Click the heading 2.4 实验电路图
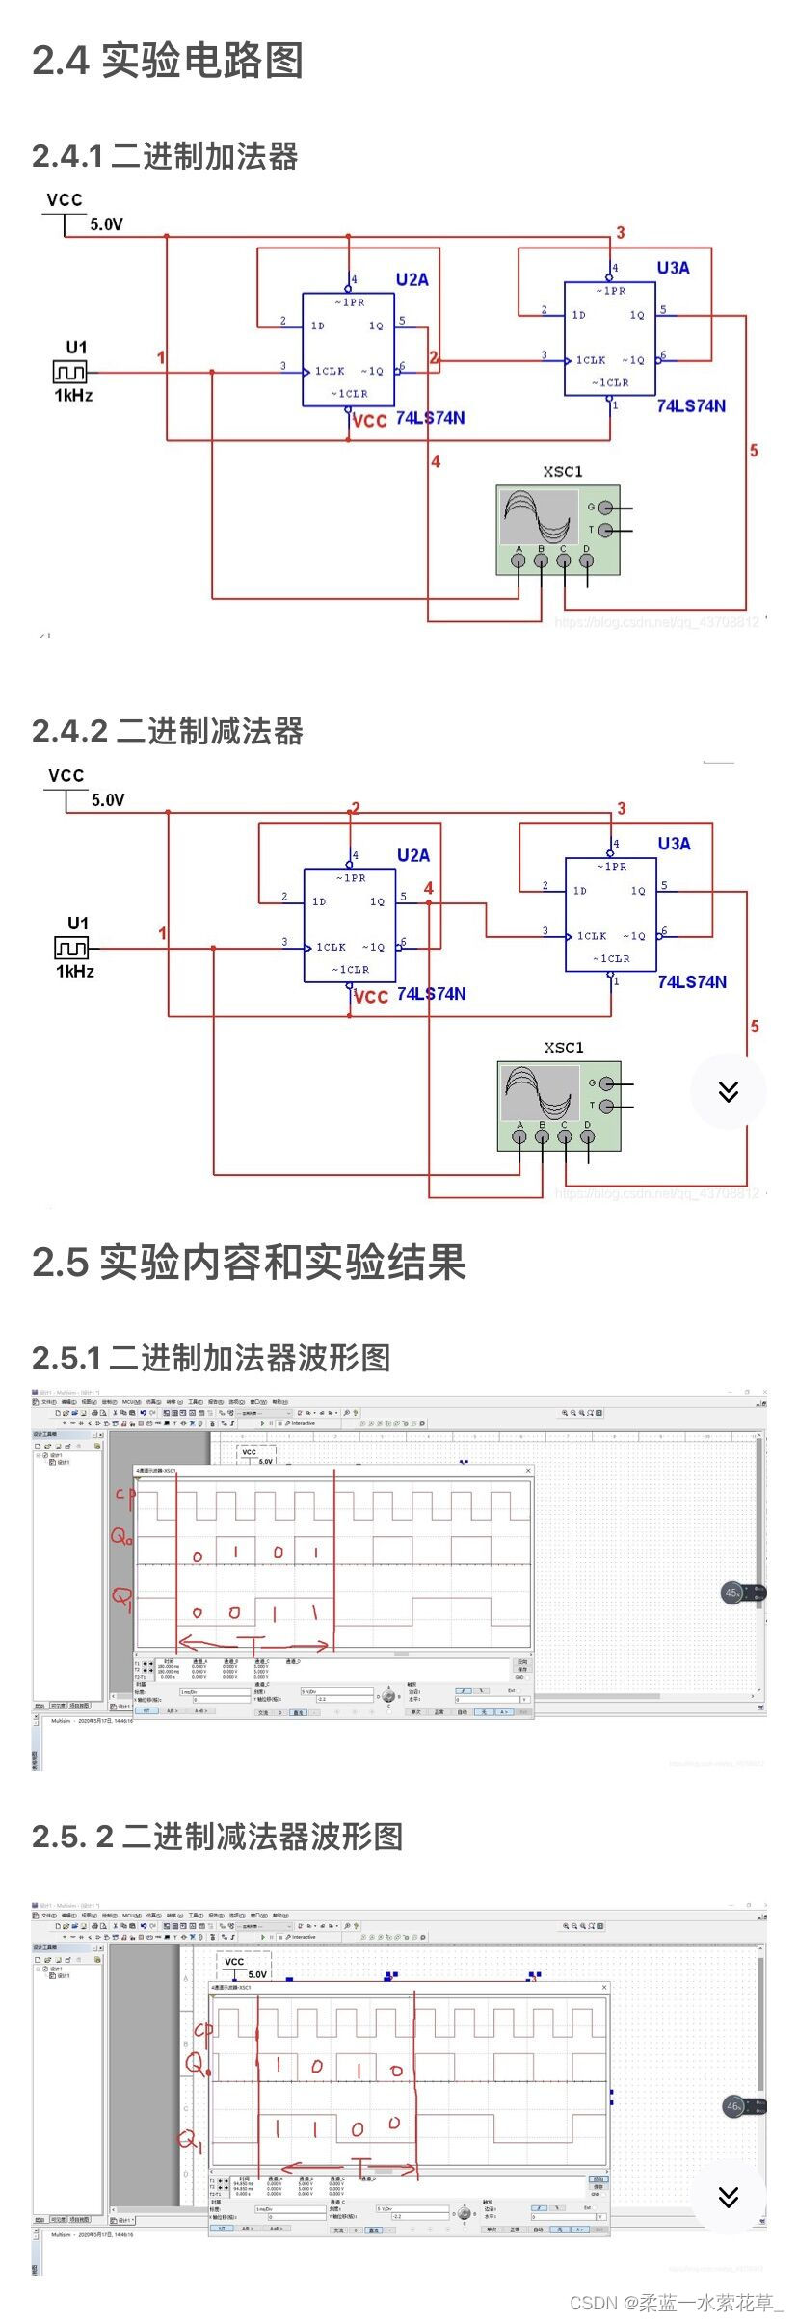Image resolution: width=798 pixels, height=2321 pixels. click(168, 61)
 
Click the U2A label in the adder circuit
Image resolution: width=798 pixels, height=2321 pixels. click(412, 279)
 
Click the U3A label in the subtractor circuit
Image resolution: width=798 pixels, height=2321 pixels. click(674, 844)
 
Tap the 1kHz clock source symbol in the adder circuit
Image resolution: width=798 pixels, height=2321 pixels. click(69, 372)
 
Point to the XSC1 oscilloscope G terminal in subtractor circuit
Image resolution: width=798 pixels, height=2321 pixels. click(606, 1082)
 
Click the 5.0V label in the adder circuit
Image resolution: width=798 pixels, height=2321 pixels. click(106, 224)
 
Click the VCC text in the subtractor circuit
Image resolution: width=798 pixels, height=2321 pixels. click(66, 775)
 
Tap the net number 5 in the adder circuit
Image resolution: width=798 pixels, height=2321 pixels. click(754, 450)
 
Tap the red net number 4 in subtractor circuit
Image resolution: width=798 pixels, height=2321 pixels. click(428, 888)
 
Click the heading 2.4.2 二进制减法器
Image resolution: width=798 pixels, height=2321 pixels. click(168, 731)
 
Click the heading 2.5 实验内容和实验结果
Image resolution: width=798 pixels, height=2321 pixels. click(249, 1262)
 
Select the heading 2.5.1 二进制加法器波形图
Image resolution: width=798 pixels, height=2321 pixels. click(211, 1357)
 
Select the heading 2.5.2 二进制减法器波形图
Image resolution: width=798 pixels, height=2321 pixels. click(217, 1836)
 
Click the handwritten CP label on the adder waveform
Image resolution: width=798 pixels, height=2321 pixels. click(124, 1496)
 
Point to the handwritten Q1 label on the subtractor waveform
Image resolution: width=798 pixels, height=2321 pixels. click(190, 2140)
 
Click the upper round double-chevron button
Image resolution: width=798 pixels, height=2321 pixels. click(728, 1091)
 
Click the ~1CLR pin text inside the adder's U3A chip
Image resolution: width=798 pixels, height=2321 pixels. click(610, 382)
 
